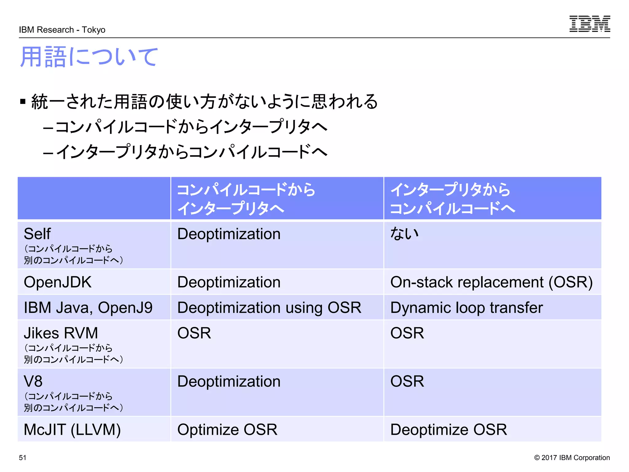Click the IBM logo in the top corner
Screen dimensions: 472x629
point(589,24)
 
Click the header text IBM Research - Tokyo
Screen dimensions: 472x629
point(62,30)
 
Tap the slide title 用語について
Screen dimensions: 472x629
point(89,57)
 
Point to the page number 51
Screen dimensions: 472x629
point(23,458)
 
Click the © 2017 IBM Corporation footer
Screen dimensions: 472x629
point(572,458)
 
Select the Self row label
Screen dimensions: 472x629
point(37,234)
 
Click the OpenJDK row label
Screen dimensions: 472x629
point(58,282)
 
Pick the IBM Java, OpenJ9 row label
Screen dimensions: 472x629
point(88,308)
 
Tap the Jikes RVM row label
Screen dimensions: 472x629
point(61,333)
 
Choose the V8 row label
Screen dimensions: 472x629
point(33,381)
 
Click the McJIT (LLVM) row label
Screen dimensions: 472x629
point(72,430)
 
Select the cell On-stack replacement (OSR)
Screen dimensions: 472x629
point(491,282)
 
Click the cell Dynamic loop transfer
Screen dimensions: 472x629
point(467,308)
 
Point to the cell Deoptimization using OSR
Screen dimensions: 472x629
point(269,308)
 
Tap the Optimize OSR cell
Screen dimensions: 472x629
point(227,430)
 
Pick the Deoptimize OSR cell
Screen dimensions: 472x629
point(448,430)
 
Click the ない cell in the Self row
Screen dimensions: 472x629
point(404,234)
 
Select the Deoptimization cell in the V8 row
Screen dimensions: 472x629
point(229,381)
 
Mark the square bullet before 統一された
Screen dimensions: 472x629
point(23,101)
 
